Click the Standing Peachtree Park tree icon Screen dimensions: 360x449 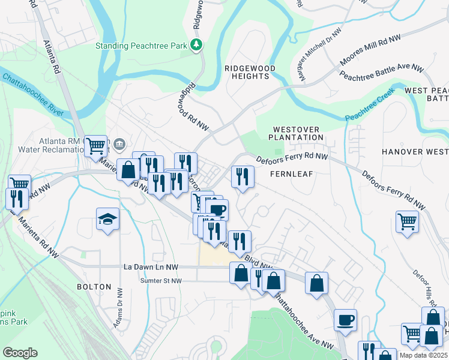(196, 45)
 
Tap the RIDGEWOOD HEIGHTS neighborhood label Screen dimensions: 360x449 (250, 73)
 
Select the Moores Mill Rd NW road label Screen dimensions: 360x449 (370, 51)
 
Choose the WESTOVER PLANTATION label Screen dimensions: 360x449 (298, 133)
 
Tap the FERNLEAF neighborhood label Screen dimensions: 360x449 (289, 173)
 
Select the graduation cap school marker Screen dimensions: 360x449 (108, 220)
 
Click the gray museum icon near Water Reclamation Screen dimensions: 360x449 (119, 143)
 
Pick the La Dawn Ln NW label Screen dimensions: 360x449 (151, 266)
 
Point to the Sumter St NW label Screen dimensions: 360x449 (159, 280)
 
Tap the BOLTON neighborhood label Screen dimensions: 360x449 (94, 287)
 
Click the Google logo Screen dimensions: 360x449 (20, 353)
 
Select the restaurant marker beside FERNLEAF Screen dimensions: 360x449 (243, 176)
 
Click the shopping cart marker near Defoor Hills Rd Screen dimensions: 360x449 (408, 221)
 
